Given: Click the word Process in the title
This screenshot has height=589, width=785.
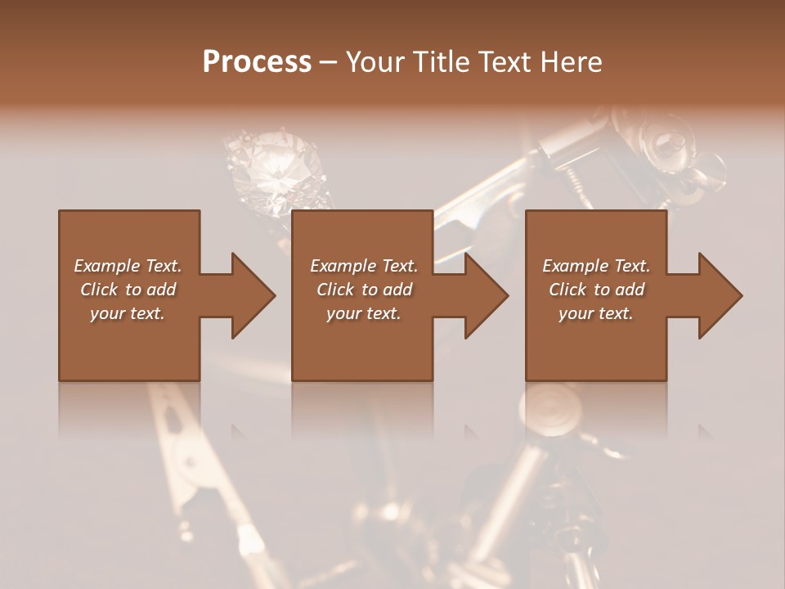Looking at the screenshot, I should tap(257, 62).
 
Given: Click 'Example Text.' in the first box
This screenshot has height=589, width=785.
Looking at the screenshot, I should tap(128, 266).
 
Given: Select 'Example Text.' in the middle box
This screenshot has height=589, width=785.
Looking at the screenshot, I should tap(363, 266).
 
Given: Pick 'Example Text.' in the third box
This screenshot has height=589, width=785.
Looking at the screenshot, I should tap(596, 266).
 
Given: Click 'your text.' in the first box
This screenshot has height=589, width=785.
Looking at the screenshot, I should tap(128, 313).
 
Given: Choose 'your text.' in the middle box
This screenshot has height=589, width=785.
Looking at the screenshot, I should tap(363, 313).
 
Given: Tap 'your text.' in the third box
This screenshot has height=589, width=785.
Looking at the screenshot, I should tap(596, 313).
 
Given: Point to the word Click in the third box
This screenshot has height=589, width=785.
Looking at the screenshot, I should tap(568, 290).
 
